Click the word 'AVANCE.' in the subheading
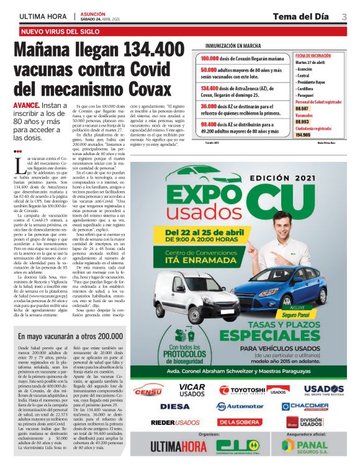[28, 106]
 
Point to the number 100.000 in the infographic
[214, 58]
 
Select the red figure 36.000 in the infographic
[212, 106]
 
